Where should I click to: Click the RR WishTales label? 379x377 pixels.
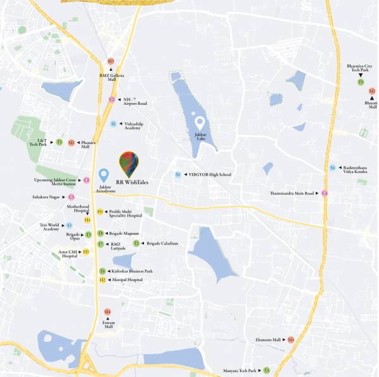click(132, 182)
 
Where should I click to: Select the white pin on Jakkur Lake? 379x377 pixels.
click(200, 122)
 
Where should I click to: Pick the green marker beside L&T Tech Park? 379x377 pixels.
click(59, 143)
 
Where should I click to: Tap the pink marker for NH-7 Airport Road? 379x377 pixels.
click(112, 99)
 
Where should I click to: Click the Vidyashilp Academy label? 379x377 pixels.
click(133, 126)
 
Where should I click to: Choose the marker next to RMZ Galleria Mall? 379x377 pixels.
click(111, 61)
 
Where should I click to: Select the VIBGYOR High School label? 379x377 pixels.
click(210, 174)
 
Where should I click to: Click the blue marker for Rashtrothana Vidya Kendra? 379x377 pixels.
click(332, 167)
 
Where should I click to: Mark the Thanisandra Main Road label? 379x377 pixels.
click(291, 193)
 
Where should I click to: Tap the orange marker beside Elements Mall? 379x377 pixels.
click(291, 340)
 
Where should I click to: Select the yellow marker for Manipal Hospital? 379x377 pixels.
click(102, 279)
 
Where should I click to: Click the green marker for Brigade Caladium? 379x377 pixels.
click(136, 243)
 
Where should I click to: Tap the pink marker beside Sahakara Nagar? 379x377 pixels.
click(71, 197)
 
